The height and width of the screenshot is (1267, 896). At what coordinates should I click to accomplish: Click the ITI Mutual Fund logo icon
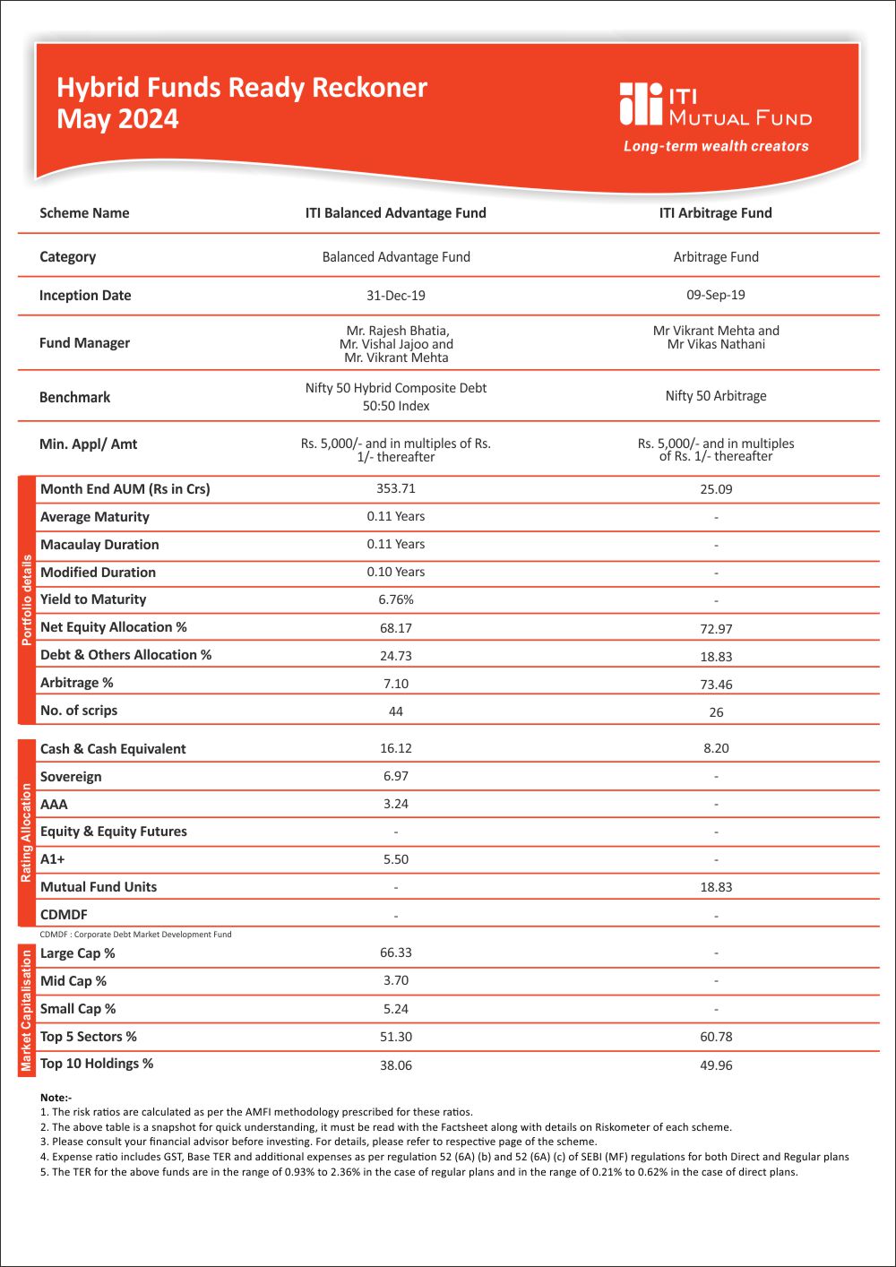point(640,104)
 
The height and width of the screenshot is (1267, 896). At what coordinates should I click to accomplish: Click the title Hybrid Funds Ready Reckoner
point(242,88)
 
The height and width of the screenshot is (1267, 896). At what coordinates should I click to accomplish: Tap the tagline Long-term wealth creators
point(716,146)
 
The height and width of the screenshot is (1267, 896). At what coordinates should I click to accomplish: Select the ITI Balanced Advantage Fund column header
point(396,213)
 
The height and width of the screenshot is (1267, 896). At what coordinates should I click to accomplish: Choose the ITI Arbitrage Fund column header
point(715,213)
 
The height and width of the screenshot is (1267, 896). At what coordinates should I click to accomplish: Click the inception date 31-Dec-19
point(396,296)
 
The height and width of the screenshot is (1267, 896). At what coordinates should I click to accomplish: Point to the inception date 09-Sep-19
point(715,295)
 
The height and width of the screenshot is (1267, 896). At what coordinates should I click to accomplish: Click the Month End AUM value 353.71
point(396,488)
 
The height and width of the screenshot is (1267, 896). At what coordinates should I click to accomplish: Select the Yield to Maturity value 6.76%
point(396,599)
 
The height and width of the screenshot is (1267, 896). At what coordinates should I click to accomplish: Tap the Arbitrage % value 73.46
point(716,685)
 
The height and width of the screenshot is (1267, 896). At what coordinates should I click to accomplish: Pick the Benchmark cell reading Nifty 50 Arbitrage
point(715,396)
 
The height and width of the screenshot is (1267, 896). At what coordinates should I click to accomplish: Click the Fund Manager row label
point(84,343)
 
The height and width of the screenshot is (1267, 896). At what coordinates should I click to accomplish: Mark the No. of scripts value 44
point(396,711)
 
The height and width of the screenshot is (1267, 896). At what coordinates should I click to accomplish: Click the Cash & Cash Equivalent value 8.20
point(716,748)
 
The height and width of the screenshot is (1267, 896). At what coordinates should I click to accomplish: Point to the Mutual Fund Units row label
point(99,887)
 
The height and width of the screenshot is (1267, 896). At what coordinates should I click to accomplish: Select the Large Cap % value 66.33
point(396,952)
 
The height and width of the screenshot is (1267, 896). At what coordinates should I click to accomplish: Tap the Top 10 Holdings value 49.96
point(716,1065)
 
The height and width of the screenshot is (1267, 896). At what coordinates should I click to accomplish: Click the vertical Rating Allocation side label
point(26,832)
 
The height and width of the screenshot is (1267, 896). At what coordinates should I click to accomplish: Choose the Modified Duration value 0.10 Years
point(396,572)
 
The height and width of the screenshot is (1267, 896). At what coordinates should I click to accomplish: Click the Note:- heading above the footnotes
point(56,1098)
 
